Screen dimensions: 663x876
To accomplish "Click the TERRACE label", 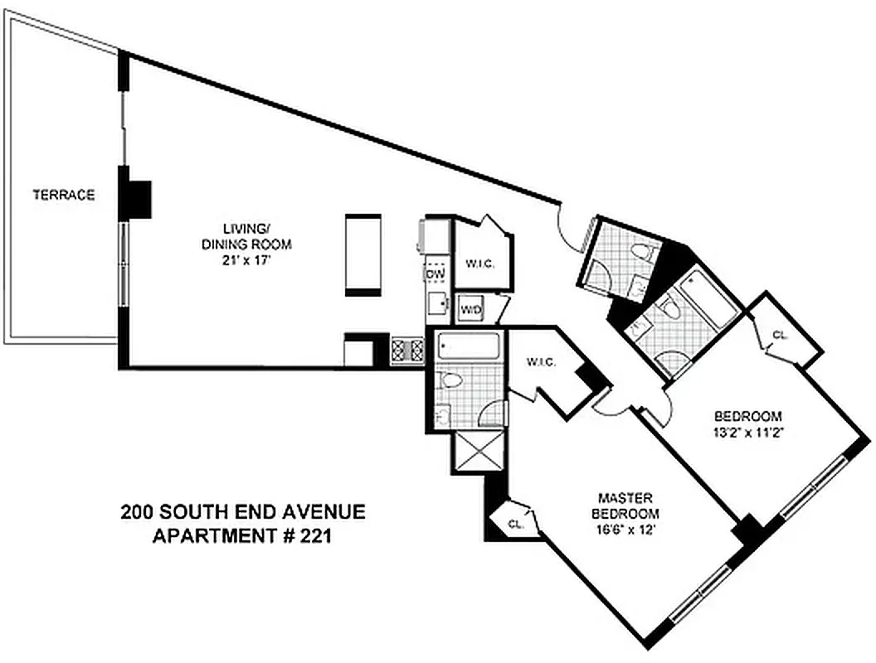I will pyautogui.click(x=63, y=196).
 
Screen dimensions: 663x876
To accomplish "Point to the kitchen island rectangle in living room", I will pyautogui.click(x=363, y=254).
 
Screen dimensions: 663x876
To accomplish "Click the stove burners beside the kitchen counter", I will pyautogui.click(x=407, y=349).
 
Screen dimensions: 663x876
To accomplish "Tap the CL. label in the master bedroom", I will pyautogui.click(x=514, y=524).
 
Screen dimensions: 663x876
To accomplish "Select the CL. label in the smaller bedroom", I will pyautogui.click(x=780, y=336).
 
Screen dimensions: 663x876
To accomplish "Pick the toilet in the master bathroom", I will pyautogui.click(x=451, y=380).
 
